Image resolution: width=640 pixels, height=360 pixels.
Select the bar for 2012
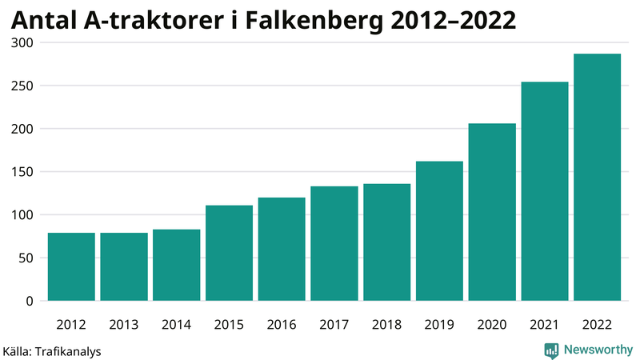tap(71, 266)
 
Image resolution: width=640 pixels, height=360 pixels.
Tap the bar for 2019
tap(439, 231)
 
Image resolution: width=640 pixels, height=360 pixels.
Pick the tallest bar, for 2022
tap(597, 178)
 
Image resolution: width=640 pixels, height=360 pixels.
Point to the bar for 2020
tap(492, 212)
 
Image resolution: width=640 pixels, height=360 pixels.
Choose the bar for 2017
tap(334, 243)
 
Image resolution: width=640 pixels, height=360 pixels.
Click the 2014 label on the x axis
tap(176, 324)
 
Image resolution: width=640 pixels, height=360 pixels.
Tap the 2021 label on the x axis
tap(544, 324)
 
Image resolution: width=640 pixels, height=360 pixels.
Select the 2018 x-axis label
tap(386, 324)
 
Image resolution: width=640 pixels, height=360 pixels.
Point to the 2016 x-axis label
tap(282, 324)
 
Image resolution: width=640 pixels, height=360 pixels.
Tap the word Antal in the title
tap(44, 19)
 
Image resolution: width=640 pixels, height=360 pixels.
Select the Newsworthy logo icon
tap(551, 350)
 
